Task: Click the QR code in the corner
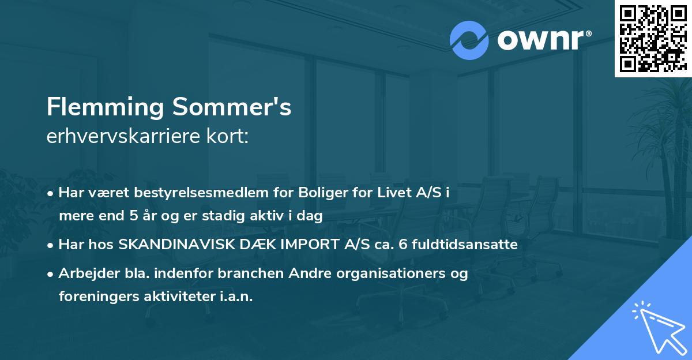[x=653, y=38]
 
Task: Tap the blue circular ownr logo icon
[x=469, y=40]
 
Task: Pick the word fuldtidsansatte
[x=465, y=245]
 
